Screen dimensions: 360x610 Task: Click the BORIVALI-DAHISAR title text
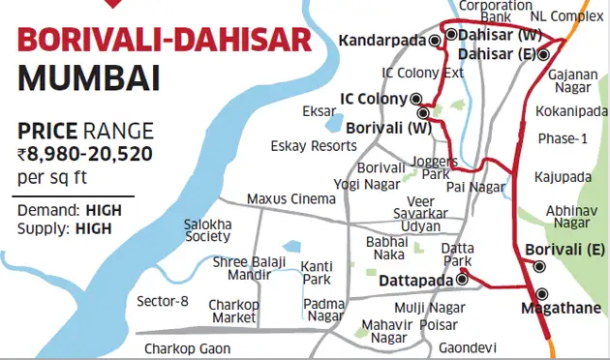[x=165, y=42]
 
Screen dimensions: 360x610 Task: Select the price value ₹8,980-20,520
[x=84, y=153]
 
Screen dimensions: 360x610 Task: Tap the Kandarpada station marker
[x=436, y=39]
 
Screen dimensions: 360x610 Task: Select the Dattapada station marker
[x=462, y=280]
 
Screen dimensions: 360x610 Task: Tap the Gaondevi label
[x=467, y=346]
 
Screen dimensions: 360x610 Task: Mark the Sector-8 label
[x=162, y=300]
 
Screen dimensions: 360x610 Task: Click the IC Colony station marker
[x=416, y=98]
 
